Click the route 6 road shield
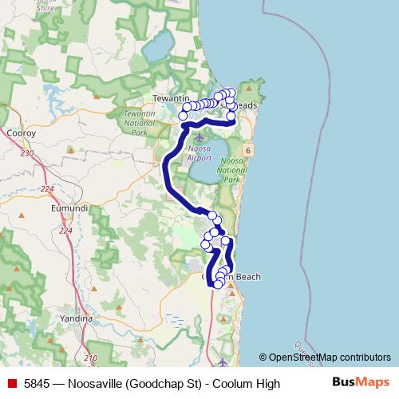tap(250, 149)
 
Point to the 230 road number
tap(28, 152)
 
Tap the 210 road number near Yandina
tap(91, 358)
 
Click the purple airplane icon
tap(199, 140)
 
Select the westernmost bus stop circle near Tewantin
tap(183, 117)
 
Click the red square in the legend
tap(10, 384)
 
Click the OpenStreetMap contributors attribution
tap(325, 358)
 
